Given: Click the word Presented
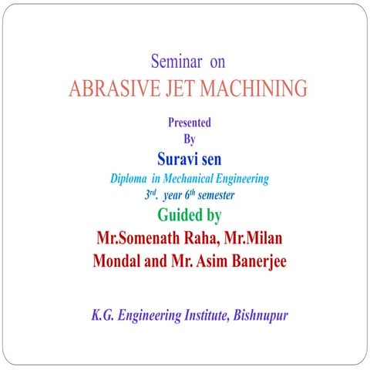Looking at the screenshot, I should point(189,122).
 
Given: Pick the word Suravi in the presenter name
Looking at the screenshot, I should point(178,160).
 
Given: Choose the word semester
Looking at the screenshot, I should point(216,196).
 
